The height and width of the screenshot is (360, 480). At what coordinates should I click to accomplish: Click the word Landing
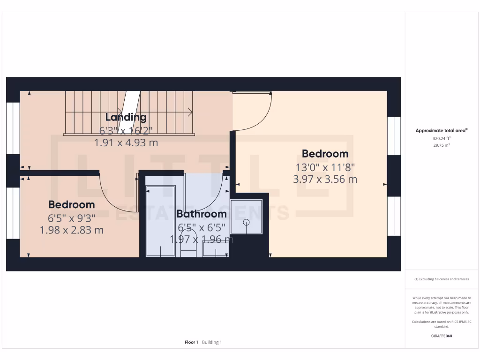126,117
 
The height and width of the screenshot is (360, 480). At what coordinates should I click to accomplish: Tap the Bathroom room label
201,214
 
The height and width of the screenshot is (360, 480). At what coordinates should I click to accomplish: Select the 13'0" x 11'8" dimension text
325,166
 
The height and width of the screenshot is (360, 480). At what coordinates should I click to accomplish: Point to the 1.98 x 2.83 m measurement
72,230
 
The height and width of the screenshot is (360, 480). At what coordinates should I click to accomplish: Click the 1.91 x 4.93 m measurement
126,143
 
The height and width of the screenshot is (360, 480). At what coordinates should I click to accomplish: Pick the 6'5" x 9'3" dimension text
72,217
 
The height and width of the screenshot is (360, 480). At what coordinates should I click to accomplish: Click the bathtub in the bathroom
160,220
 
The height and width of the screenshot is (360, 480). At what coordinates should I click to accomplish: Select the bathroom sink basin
216,251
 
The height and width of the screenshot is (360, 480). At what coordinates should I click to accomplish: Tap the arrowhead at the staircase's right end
191,112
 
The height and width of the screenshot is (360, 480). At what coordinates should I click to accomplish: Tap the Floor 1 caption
191,342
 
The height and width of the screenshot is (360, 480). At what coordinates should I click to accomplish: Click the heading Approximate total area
441,131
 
